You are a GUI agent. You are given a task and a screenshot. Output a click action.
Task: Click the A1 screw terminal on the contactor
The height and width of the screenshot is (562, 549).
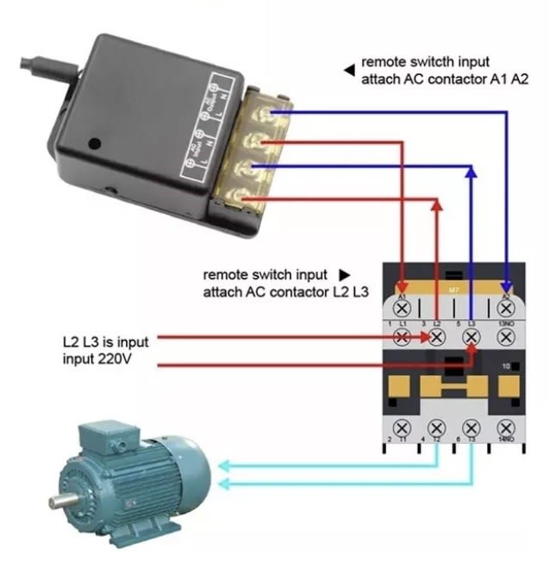coord(402,306)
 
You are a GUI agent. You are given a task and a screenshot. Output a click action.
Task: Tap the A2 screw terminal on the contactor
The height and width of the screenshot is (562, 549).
coord(507,306)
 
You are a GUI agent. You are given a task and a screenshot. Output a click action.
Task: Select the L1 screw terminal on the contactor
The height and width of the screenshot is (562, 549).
coord(402,339)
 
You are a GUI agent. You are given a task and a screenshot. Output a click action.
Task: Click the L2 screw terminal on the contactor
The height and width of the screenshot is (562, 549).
coord(437,339)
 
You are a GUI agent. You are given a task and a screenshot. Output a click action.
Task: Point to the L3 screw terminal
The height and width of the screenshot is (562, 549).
coord(471,339)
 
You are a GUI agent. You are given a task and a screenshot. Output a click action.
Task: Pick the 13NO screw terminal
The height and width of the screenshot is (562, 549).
coord(507,339)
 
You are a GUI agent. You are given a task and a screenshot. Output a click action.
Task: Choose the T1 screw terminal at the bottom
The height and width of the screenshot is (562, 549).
coord(402,428)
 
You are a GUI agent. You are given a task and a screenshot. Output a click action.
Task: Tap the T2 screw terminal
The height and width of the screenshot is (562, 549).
coord(437,428)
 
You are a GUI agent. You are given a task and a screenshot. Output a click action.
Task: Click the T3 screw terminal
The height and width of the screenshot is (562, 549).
coord(471,428)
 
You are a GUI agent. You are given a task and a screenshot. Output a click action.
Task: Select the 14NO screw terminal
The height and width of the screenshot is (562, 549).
coord(507,428)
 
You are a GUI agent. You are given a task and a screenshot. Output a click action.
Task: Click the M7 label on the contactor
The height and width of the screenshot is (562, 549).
coord(454,290)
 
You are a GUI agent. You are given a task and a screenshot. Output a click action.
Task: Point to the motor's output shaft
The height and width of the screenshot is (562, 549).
coord(61,501)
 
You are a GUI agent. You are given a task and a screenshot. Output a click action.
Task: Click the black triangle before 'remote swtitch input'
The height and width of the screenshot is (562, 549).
coord(348,68)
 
